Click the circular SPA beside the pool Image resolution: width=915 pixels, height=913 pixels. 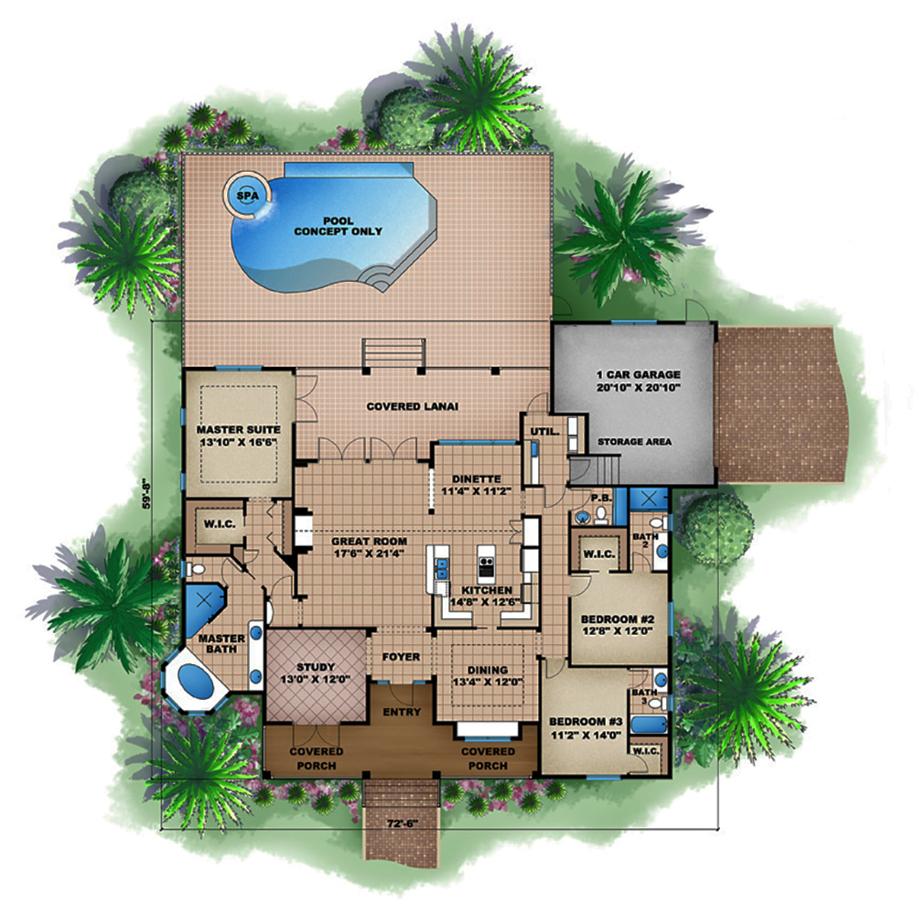pos(247,196)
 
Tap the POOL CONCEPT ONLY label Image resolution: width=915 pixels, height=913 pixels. pos(338,226)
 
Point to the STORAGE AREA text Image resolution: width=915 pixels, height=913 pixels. pos(634,442)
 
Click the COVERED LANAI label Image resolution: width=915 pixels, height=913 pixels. pos(412,406)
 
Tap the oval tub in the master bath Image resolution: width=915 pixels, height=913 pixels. pos(196,681)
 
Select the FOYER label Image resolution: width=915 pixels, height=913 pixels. pos(401,657)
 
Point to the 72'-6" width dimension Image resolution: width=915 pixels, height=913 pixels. pos(403,823)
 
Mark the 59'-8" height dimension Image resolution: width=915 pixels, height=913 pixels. pos(146,493)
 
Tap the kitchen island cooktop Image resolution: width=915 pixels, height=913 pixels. pos(486,564)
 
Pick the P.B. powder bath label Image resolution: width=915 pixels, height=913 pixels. pos(601,498)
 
